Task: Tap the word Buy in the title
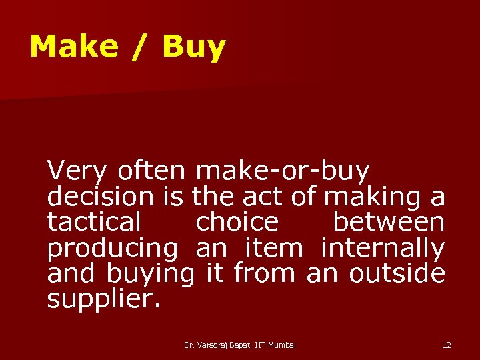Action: pos(194,47)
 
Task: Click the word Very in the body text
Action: pos(77,172)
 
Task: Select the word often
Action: pos(151,172)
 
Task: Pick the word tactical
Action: pos(94,222)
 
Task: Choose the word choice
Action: pos(237,222)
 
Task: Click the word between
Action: pos(389,222)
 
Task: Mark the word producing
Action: pos(113,248)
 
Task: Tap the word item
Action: pos(274,248)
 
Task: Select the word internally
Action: pos(383,248)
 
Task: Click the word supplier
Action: pos(103,299)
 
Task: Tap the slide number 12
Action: pos(447,345)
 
